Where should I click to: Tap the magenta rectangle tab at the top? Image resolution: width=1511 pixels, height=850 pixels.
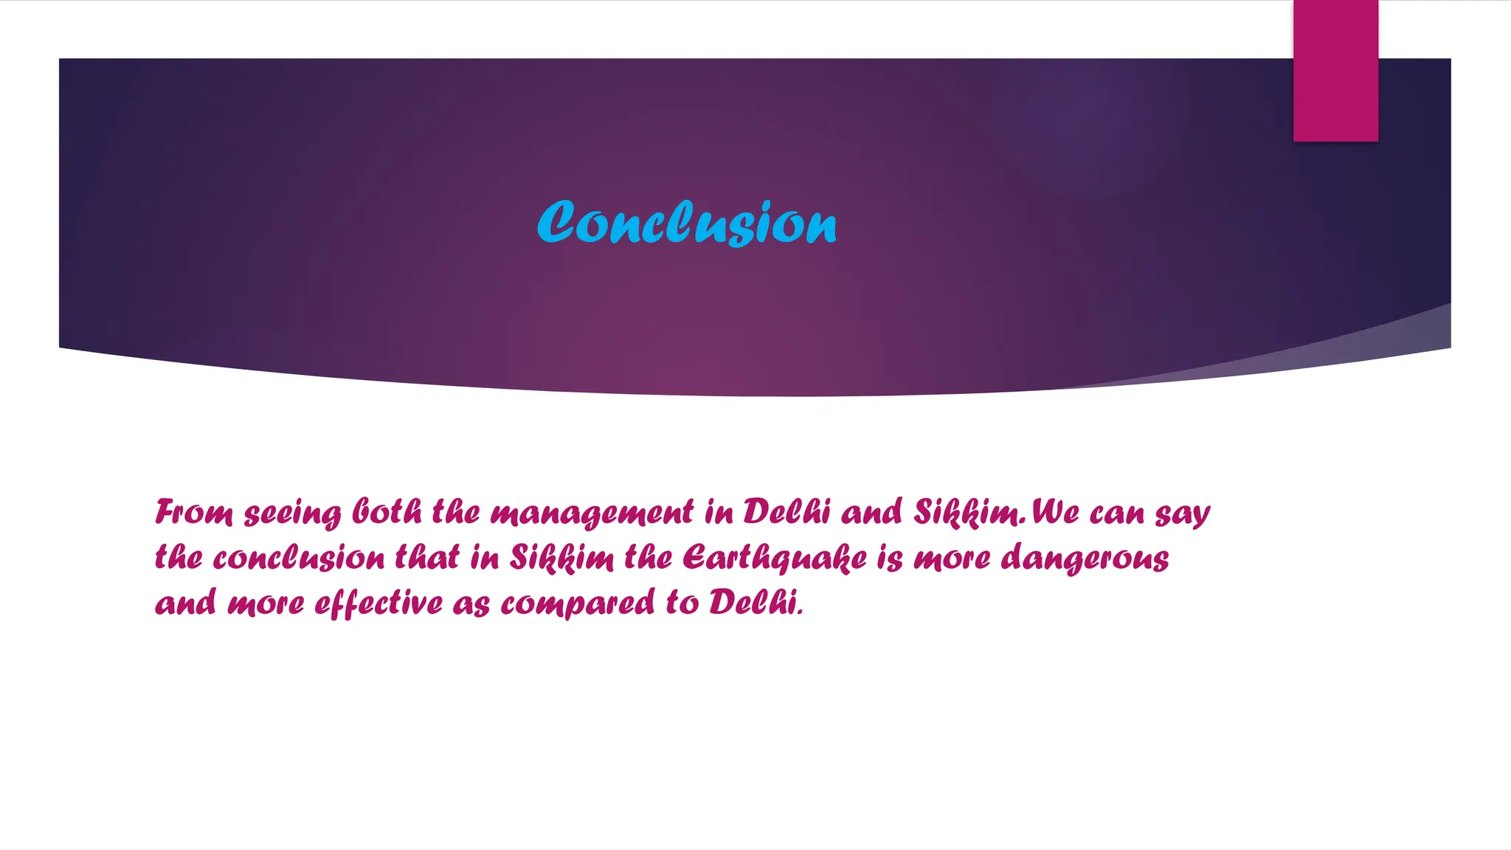tap(1335, 71)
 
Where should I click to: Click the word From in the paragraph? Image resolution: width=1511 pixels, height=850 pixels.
tap(194, 512)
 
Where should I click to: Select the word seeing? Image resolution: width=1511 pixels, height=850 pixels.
tap(293, 514)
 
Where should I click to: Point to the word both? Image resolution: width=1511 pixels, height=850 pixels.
tap(387, 512)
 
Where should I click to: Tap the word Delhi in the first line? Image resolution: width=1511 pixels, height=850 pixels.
tap(786, 512)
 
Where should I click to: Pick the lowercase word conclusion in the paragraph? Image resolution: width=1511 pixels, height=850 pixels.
tap(299, 558)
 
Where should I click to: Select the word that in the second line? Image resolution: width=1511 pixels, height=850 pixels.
tap(427, 557)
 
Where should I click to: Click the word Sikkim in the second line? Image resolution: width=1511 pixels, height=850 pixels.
tap(561, 558)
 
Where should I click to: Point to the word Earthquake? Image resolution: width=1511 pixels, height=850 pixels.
tap(775, 559)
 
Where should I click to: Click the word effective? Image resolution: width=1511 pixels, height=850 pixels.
tap(378, 604)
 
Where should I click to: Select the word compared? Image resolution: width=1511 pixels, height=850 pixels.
tap(578, 604)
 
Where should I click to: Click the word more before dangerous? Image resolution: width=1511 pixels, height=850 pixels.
tap(952, 559)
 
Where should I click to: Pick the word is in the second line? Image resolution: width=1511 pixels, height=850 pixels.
tap(890, 559)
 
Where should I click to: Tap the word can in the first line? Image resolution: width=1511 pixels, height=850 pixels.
tap(1117, 514)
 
